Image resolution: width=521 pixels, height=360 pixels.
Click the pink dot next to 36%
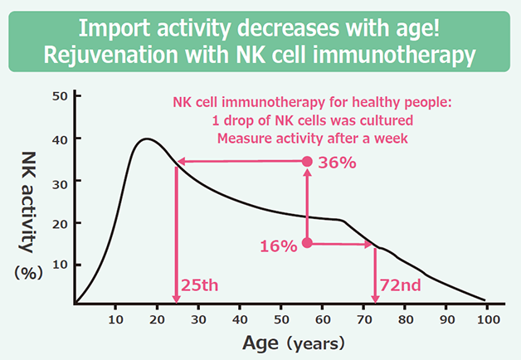[x=307, y=162]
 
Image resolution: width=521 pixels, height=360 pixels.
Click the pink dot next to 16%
[x=307, y=243]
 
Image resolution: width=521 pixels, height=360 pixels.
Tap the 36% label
[x=338, y=163]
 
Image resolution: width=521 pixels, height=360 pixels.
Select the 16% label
[x=278, y=246]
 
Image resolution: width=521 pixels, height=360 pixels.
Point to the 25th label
[x=199, y=286]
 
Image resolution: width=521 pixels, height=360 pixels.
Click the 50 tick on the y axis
[x=59, y=96]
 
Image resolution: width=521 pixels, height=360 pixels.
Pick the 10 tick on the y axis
[x=59, y=265]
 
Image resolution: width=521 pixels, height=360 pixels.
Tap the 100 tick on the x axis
[x=486, y=319]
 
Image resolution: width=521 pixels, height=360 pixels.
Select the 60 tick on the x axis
[x=322, y=319]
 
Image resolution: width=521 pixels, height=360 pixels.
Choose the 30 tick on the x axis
[x=198, y=319]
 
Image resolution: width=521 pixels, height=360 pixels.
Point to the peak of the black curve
[x=146, y=139]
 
